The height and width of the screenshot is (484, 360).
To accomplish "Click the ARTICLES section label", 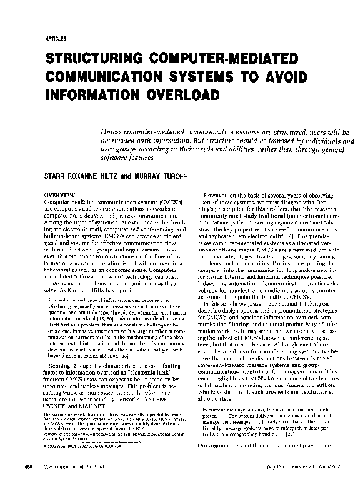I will tap(56, 39).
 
